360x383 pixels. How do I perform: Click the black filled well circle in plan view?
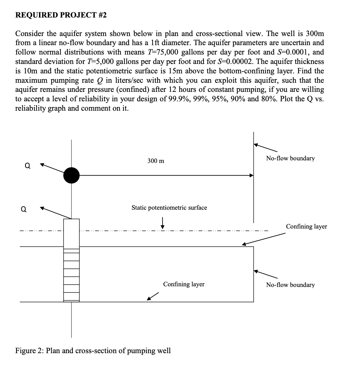[71, 175]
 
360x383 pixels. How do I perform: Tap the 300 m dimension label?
[156, 161]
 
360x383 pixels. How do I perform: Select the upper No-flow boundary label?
[290, 158]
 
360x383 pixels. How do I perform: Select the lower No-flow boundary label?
[290, 285]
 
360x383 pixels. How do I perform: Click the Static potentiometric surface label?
[169, 208]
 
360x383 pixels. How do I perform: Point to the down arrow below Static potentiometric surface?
[162, 223]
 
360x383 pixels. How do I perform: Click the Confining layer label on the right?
[306, 227]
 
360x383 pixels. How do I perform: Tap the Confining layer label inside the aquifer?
[184, 284]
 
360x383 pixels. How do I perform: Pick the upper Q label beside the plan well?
[28, 166]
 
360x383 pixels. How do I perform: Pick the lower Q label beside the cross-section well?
[23, 209]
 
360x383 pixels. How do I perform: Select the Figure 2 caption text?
[93, 351]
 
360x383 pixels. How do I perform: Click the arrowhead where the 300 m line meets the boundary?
[251, 175]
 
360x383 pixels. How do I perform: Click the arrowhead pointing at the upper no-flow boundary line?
[257, 145]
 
